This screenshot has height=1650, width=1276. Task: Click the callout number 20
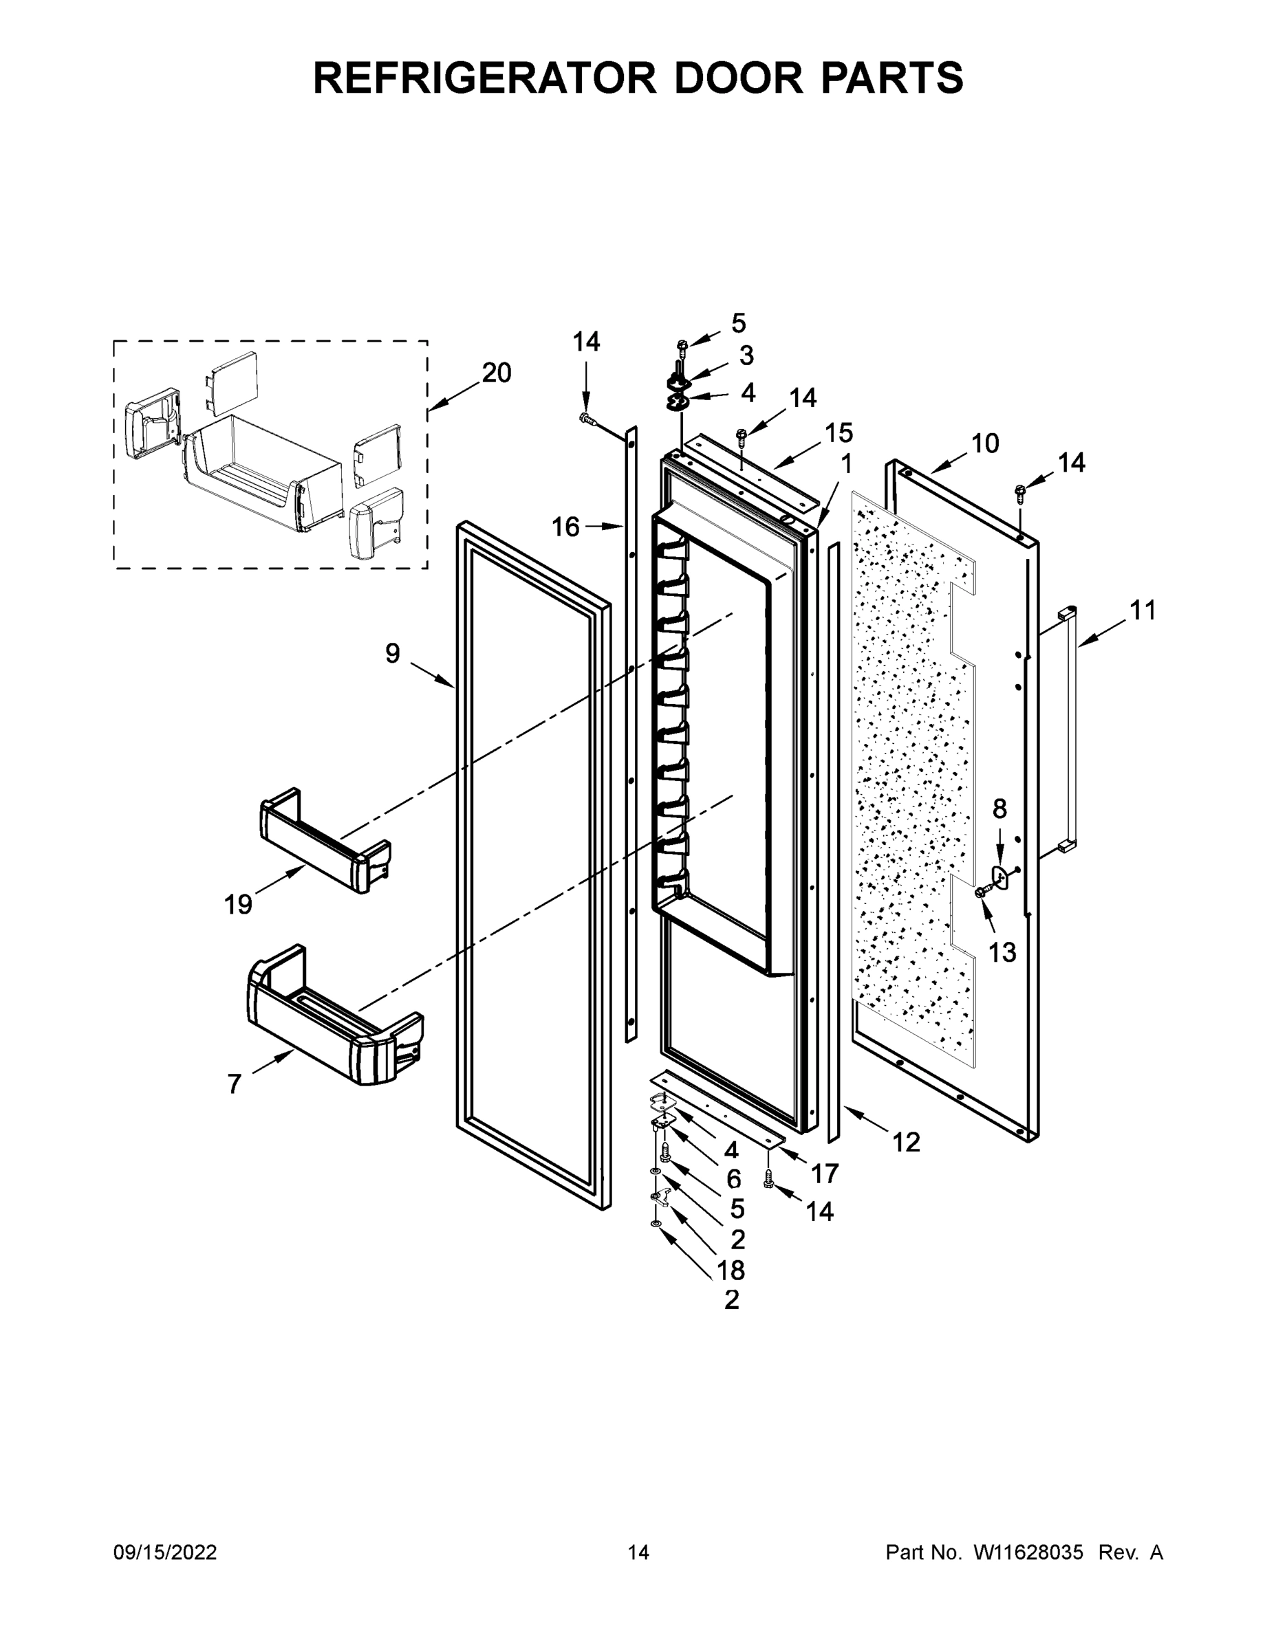[x=496, y=373]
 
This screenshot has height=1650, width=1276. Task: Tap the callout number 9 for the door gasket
[x=392, y=652]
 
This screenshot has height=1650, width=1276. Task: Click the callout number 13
[x=1002, y=953]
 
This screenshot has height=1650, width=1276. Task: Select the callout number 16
[x=565, y=527]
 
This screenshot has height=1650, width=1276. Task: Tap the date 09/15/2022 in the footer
[x=165, y=1552]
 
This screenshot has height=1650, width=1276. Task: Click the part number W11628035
[x=1029, y=1552]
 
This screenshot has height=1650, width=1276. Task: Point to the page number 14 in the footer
[x=639, y=1552]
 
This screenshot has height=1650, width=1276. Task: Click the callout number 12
[x=906, y=1143]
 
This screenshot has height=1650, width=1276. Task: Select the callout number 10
[x=984, y=443]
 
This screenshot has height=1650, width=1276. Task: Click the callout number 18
[x=731, y=1270]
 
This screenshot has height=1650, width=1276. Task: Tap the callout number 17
[x=825, y=1174]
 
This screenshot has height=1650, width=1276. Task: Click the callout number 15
[x=839, y=433]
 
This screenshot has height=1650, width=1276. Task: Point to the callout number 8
[x=999, y=809]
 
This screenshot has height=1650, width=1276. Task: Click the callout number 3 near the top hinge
[x=746, y=355]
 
